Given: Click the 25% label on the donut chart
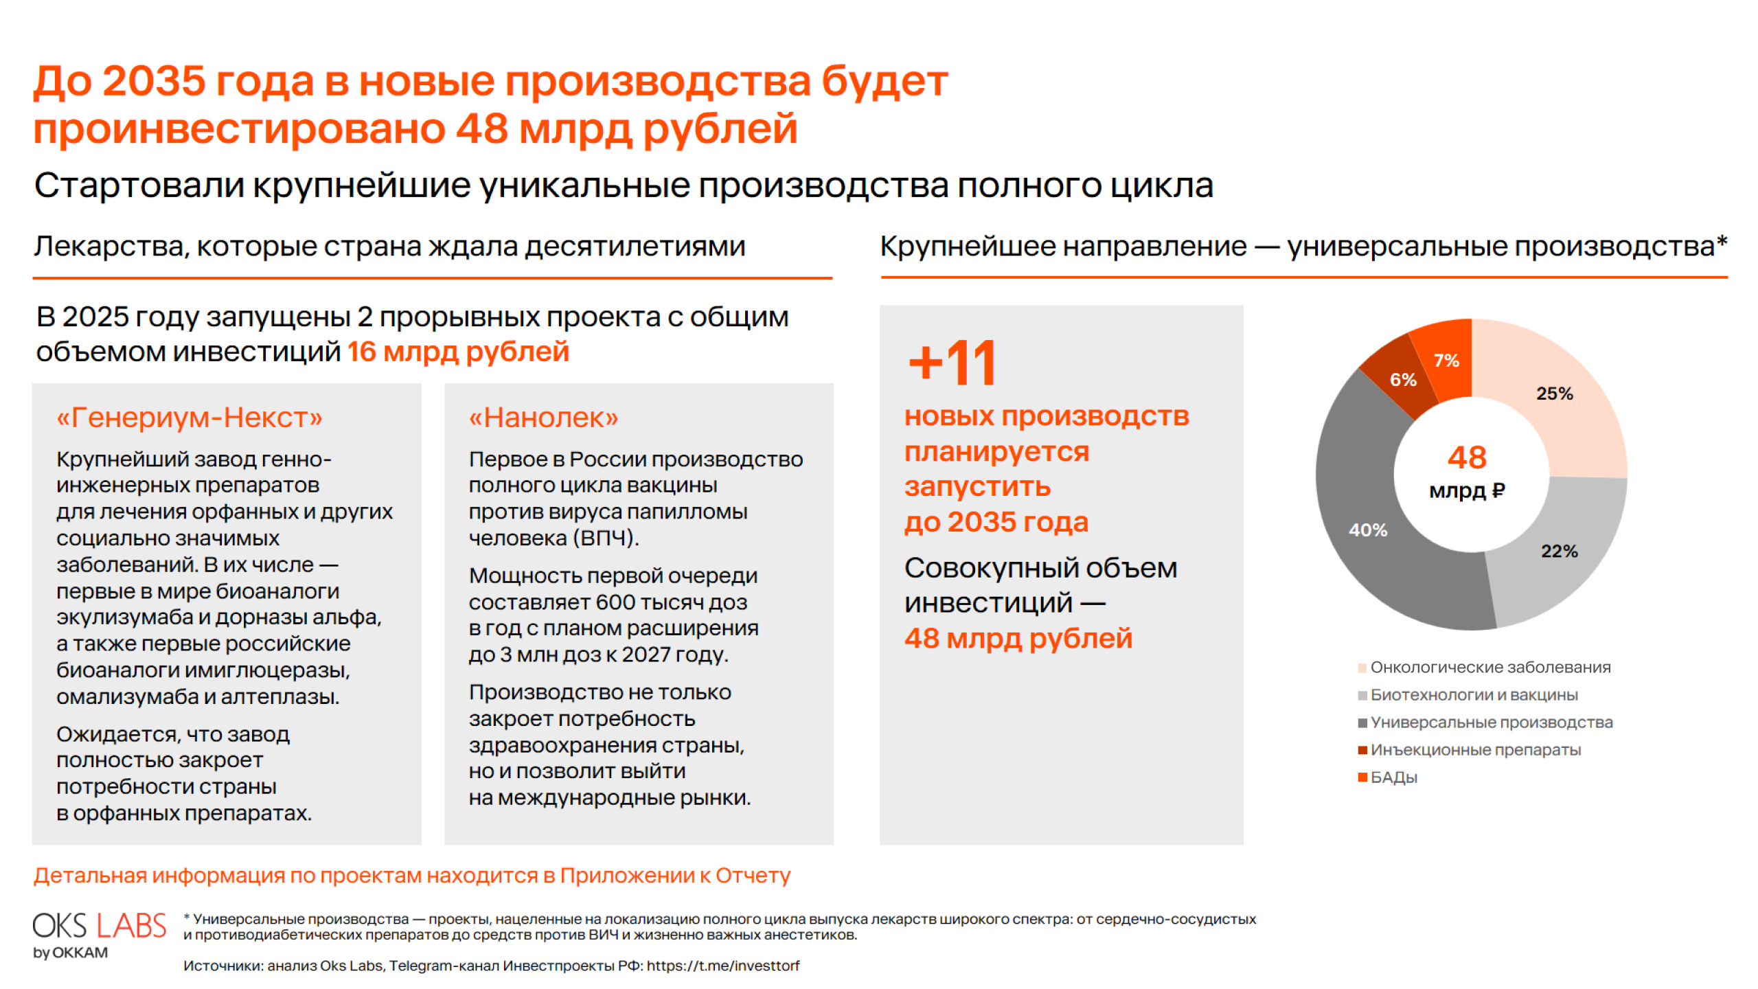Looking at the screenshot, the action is pos(1554,394).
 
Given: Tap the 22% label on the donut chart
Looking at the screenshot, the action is pos(1559,551).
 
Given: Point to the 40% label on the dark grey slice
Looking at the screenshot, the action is pos(1367,530).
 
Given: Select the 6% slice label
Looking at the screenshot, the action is pos(1402,380).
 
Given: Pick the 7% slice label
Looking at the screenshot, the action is pos(1446,361).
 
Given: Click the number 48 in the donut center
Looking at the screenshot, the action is pos(1467,457).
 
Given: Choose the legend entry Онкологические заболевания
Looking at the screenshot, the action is pos(1484,668).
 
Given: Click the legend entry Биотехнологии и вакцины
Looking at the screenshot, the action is pos(1468,695).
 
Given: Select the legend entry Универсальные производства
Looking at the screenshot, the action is pos(1485,723).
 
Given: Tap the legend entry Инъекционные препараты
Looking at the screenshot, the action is pos(1470,750).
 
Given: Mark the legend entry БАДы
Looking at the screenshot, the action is pos(1387,777).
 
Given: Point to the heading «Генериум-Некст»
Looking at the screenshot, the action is pos(190,418).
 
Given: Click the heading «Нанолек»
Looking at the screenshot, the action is pos(543,418).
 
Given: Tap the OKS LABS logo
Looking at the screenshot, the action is pos(100,934).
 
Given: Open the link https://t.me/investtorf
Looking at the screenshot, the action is pos(723,966).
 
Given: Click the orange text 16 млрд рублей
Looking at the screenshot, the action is pos(458,352).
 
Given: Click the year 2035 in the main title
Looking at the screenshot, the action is pos(155,81).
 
